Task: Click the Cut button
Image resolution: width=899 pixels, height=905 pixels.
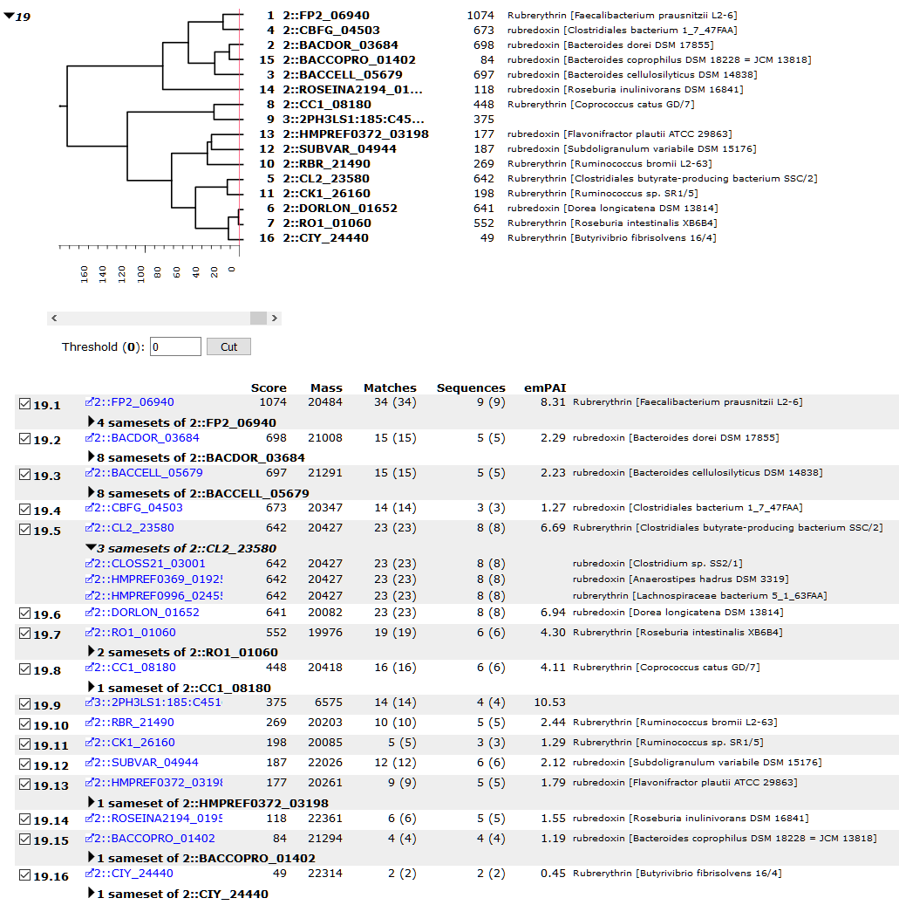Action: pyautogui.click(x=228, y=346)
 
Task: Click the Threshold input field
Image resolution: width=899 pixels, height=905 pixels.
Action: pyautogui.click(x=175, y=346)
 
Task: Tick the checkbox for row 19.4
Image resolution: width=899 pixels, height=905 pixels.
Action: pyautogui.click(x=24, y=509)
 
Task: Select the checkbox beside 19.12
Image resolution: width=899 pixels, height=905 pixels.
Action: pyautogui.click(x=24, y=764)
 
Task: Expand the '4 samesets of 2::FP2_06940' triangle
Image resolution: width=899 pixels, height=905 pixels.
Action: pyautogui.click(x=91, y=422)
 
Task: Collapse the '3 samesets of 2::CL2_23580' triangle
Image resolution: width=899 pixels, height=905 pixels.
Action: pyautogui.click(x=91, y=546)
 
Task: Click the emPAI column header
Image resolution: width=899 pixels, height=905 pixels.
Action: pyautogui.click(x=545, y=387)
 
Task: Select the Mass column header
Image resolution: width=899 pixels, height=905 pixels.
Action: pyautogui.click(x=326, y=387)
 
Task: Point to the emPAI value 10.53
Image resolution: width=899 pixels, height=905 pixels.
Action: pyautogui.click(x=549, y=703)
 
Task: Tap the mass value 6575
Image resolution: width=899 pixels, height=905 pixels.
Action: pyautogui.click(x=328, y=703)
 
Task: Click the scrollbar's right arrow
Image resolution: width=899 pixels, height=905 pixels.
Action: pyautogui.click(x=275, y=318)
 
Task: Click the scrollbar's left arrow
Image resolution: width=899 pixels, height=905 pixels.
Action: pyautogui.click(x=54, y=318)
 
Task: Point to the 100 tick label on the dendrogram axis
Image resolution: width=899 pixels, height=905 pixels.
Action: pyautogui.click(x=140, y=274)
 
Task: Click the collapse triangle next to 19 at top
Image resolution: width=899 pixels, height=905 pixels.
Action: pyautogui.click(x=9, y=16)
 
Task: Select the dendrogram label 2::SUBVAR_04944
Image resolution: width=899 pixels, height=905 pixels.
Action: pyautogui.click(x=339, y=149)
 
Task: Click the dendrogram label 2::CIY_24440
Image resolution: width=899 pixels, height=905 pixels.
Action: pyautogui.click(x=325, y=237)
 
